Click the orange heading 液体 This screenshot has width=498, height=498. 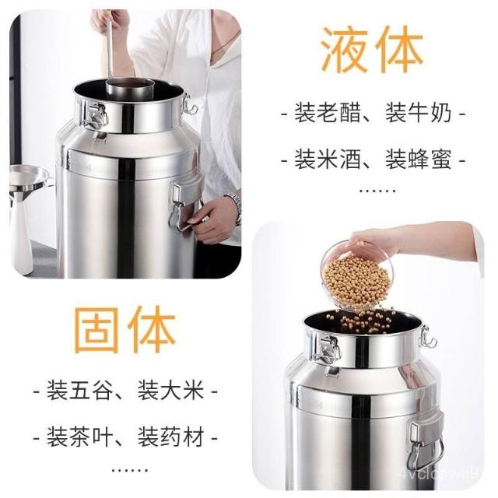[x=372, y=50]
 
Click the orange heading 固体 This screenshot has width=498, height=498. [x=124, y=330]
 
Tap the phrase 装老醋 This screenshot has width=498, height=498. [x=328, y=113]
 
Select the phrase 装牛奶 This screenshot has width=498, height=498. [x=419, y=113]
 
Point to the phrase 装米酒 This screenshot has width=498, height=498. [x=328, y=159]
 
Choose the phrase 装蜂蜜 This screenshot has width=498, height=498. [x=419, y=159]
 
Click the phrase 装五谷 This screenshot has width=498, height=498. [x=79, y=391]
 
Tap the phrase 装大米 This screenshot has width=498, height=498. [x=170, y=391]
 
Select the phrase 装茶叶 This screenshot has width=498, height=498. [x=79, y=437]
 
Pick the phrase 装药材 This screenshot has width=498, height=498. [x=170, y=437]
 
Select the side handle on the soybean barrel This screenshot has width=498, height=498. [x=426, y=444]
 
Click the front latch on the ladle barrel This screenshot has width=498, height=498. [x=96, y=118]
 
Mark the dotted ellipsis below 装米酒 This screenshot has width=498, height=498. [x=377, y=191]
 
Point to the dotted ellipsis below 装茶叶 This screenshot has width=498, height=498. [x=130, y=470]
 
